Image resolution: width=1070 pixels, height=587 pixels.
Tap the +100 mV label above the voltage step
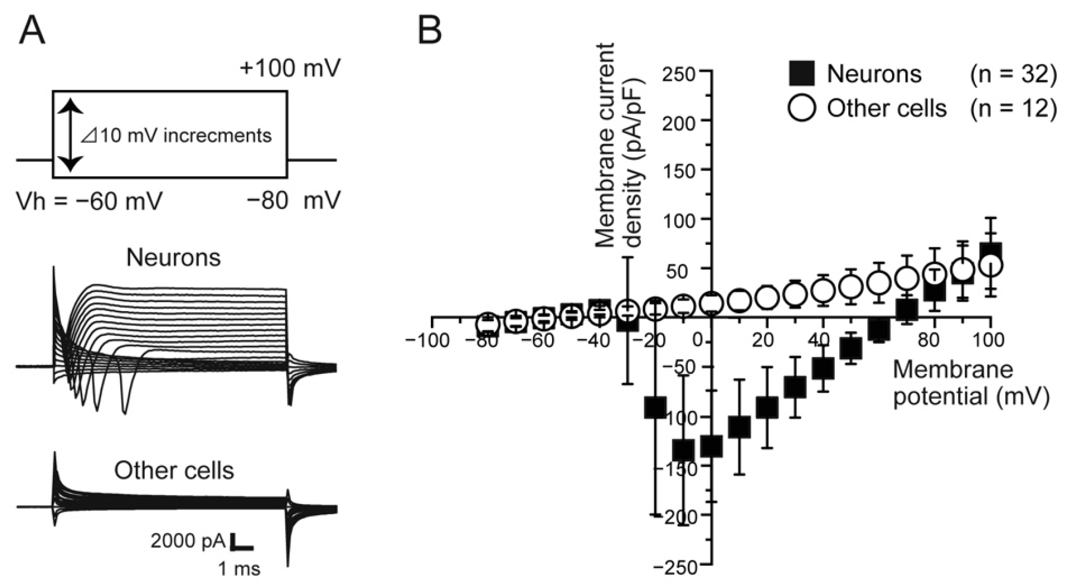[x=290, y=68]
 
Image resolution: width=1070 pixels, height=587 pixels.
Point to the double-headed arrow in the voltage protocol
[x=71, y=135]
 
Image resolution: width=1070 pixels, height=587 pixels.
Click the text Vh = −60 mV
[x=90, y=201]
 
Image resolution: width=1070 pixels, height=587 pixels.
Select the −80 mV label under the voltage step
[x=293, y=201]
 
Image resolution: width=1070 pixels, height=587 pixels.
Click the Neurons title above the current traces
[x=173, y=258]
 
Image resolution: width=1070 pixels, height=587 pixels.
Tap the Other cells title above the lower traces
[x=174, y=471]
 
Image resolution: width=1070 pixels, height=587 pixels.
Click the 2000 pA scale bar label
[x=188, y=541]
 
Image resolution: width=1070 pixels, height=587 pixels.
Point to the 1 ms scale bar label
[x=239, y=569]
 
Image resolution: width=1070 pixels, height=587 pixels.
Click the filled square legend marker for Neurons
[x=801, y=74]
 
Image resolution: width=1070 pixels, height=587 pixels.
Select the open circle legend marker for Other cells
[x=801, y=108]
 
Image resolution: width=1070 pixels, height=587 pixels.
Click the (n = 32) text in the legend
[x=1012, y=74]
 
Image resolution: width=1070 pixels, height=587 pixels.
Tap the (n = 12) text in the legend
[x=1012, y=108]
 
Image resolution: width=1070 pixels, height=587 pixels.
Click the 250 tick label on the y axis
[x=679, y=74]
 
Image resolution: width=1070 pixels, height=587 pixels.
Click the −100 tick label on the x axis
[x=427, y=341]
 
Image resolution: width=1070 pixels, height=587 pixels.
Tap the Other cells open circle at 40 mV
[x=823, y=289]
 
